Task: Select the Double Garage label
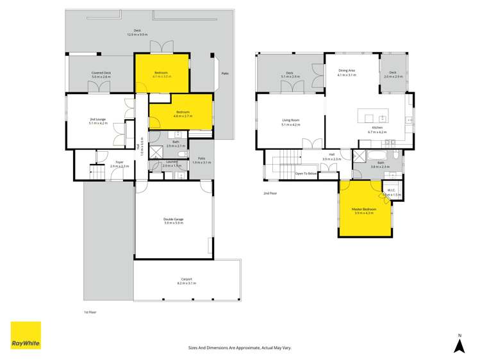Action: pyautogui.click(x=173, y=221)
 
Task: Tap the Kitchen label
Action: pyautogui.click(x=375, y=129)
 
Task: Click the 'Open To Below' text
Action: pyautogui.click(x=305, y=174)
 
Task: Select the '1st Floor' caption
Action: pyautogui.click(x=91, y=312)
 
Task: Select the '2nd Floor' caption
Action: pyautogui.click(x=270, y=193)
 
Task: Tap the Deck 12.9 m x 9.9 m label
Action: pyautogui.click(x=137, y=33)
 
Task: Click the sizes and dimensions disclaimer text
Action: pyautogui.click(x=240, y=347)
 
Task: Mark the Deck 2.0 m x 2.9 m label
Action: pyautogui.click(x=393, y=74)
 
